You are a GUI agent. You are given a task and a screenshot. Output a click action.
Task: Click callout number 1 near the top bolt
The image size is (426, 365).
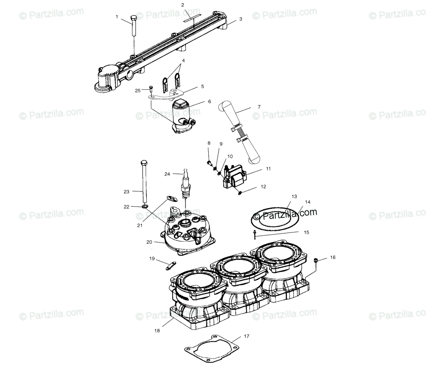click(x=117, y=17)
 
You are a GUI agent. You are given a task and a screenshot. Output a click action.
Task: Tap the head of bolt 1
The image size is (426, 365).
click(x=134, y=18)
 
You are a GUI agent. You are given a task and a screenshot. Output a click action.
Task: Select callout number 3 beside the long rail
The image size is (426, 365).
click(x=241, y=19)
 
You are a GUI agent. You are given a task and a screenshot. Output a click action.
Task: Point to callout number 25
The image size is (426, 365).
click(x=138, y=91)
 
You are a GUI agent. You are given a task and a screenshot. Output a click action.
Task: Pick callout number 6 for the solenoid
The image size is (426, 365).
click(x=210, y=101)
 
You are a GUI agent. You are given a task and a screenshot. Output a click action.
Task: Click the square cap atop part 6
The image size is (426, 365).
click(x=180, y=104)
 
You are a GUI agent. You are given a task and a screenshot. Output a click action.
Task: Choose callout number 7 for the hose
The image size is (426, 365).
click(x=259, y=107)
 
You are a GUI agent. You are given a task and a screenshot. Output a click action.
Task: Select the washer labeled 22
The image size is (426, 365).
click(x=145, y=208)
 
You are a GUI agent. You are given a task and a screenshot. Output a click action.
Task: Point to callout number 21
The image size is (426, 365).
click(x=140, y=225)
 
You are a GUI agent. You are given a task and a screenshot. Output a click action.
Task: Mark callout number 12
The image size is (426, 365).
click(x=263, y=187)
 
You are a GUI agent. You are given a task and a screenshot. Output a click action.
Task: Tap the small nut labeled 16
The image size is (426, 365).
click(x=316, y=260)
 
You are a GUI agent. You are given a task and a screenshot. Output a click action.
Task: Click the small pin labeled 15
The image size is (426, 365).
click(x=255, y=234)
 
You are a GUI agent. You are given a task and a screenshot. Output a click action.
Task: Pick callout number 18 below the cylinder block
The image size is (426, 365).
click(x=157, y=331)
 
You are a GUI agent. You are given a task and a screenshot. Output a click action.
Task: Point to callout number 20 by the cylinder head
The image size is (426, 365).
click(x=149, y=242)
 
